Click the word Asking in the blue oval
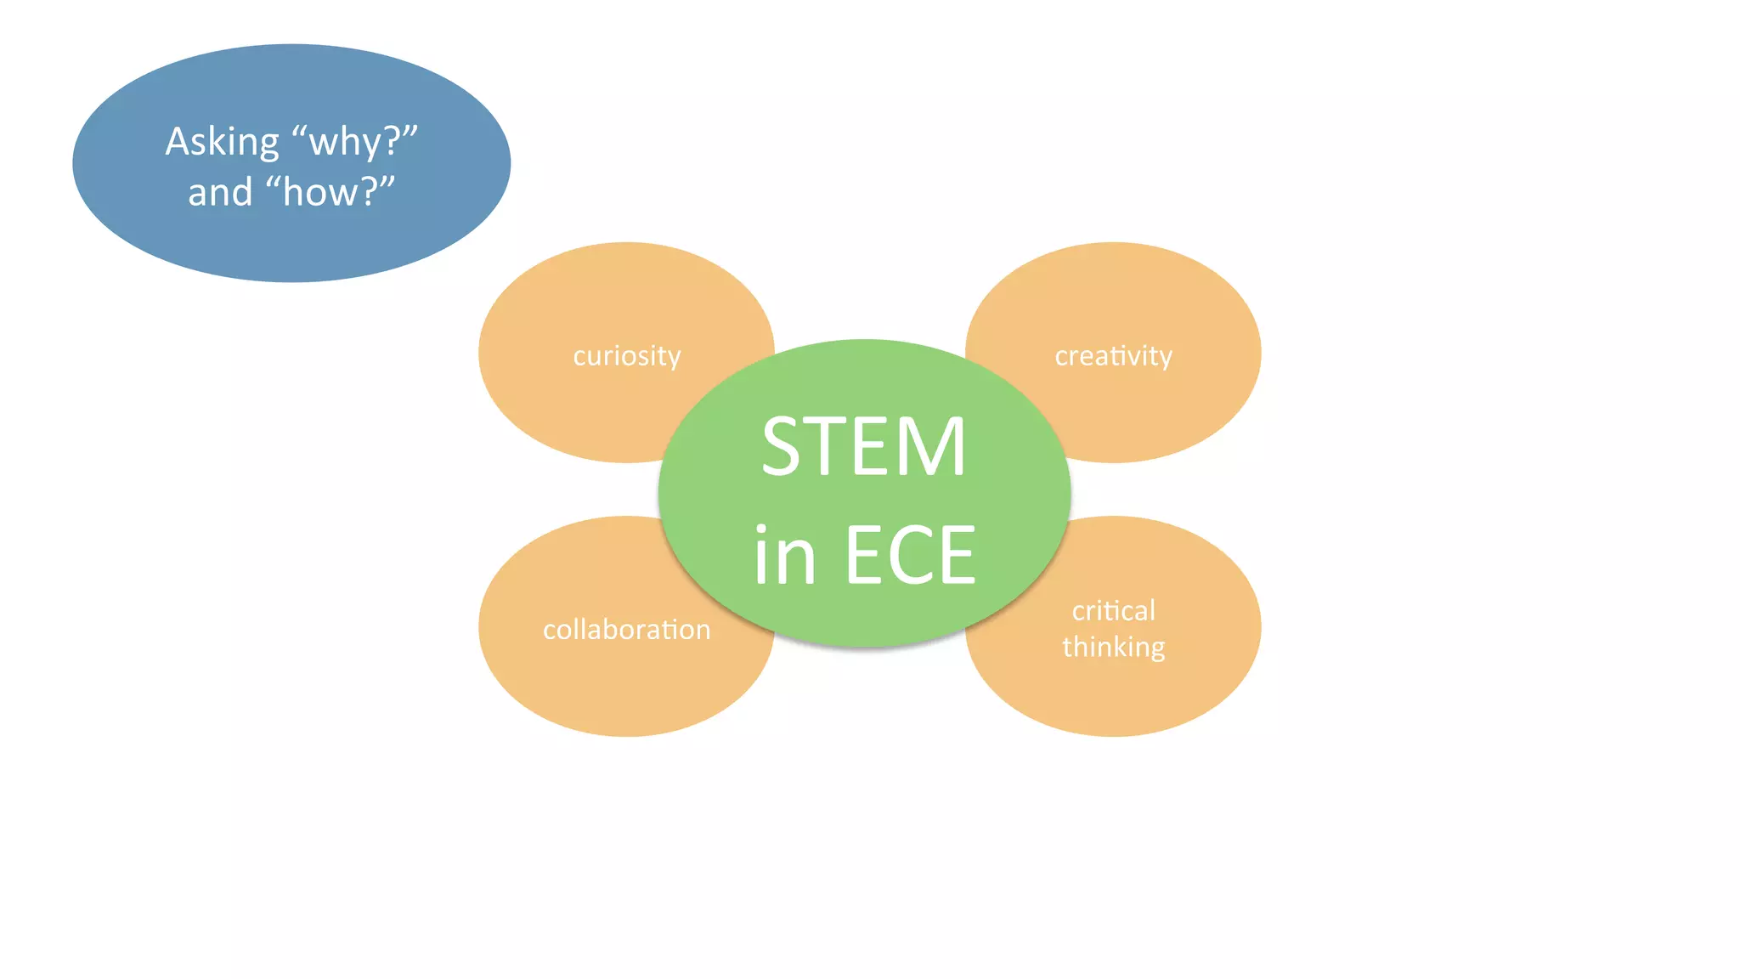click(x=222, y=142)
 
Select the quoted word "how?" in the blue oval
click(x=330, y=192)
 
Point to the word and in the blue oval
click(x=220, y=192)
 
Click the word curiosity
click(x=626, y=355)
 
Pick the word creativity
click(x=1113, y=355)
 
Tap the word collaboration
click(x=626, y=630)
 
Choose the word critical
click(x=1113, y=611)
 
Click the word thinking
click(x=1113, y=648)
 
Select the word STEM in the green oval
click(x=863, y=447)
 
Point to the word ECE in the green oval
click(x=910, y=555)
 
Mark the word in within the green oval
click(x=784, y=555)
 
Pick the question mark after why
click(x=393, y=141)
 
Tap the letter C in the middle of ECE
click(x=911, y=555)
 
